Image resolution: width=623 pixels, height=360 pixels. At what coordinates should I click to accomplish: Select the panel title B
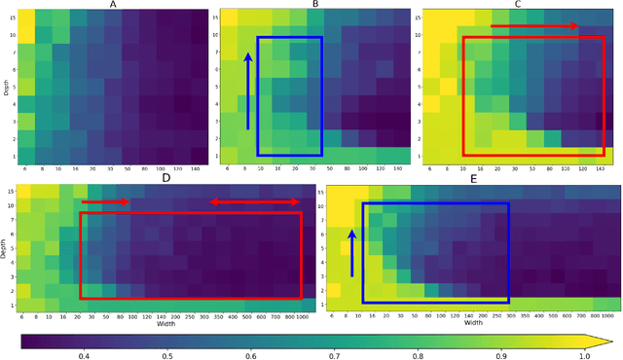pyautogui.click(x=314, y=5)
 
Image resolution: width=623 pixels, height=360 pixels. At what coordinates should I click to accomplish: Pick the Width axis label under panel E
pyautogui.click(x=474, y=323)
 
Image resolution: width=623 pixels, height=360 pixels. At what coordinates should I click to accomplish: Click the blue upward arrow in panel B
pyautogui.click(x=247, y=91)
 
